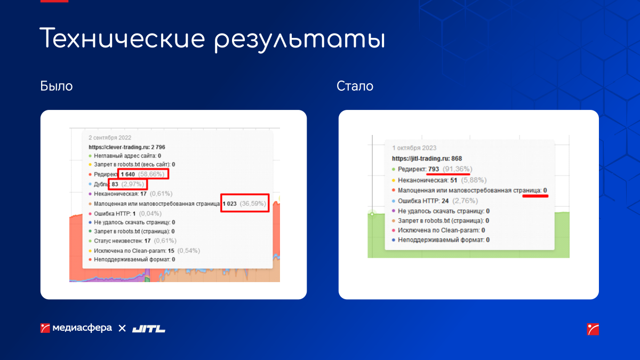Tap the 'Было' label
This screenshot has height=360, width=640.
coord(57,86)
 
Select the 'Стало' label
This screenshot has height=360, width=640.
coord(355,86)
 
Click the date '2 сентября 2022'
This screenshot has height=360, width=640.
coord(110,138)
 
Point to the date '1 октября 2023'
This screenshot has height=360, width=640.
coord(414,148)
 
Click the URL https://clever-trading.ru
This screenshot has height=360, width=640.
coord(119,147)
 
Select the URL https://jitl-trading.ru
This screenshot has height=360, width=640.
coord(420,158)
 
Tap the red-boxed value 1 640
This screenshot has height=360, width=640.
coord(127,174)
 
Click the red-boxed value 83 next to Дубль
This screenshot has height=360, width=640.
coord(115,185)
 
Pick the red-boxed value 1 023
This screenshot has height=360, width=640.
coord(230,204)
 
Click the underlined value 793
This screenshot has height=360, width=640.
coord(434,169)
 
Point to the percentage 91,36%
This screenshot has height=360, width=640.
coord(458,169)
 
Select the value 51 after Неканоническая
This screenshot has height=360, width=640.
coord(454,180)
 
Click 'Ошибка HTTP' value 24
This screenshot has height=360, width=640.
coord(445,201)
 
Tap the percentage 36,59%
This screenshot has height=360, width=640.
coord(253,204)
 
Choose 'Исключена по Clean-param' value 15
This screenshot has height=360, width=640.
coord(171,251)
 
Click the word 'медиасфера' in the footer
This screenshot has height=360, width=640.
coord(82,327)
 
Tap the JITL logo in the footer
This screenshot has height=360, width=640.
coord(149,329)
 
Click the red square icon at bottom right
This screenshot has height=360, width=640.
coord(593,329)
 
